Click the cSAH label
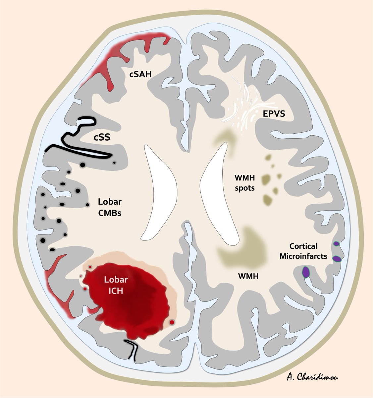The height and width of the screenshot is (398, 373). click(x=140, y=75)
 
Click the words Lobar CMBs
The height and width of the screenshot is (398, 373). click(x=110, y=207)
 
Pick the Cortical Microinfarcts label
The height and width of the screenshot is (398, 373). click(x=303, y=251)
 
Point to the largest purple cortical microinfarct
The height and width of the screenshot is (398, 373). click(x=305, y=272)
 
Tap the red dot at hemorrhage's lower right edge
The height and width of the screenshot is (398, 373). click(x=172, y=322)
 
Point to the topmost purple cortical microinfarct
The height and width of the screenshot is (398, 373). click(x=336, y=244)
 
